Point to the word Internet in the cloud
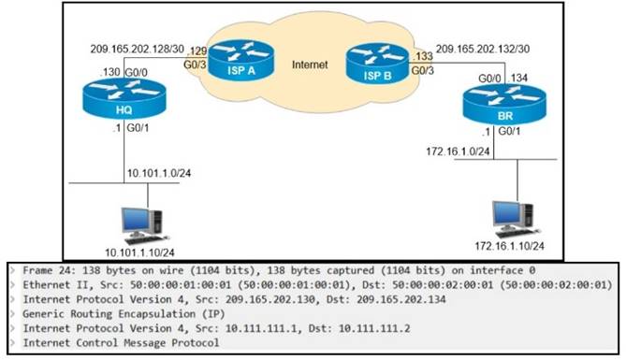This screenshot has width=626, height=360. coord(311,65)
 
